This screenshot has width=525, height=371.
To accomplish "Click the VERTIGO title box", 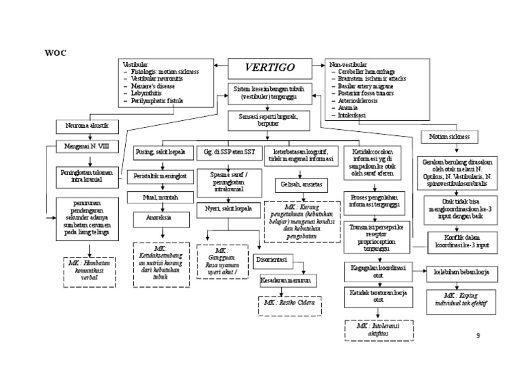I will click(270, 68).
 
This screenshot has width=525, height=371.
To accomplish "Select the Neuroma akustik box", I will click(87, 126).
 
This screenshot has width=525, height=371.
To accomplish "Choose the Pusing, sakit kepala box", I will click(162, 152).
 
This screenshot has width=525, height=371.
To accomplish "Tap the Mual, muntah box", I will click(161, 197).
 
